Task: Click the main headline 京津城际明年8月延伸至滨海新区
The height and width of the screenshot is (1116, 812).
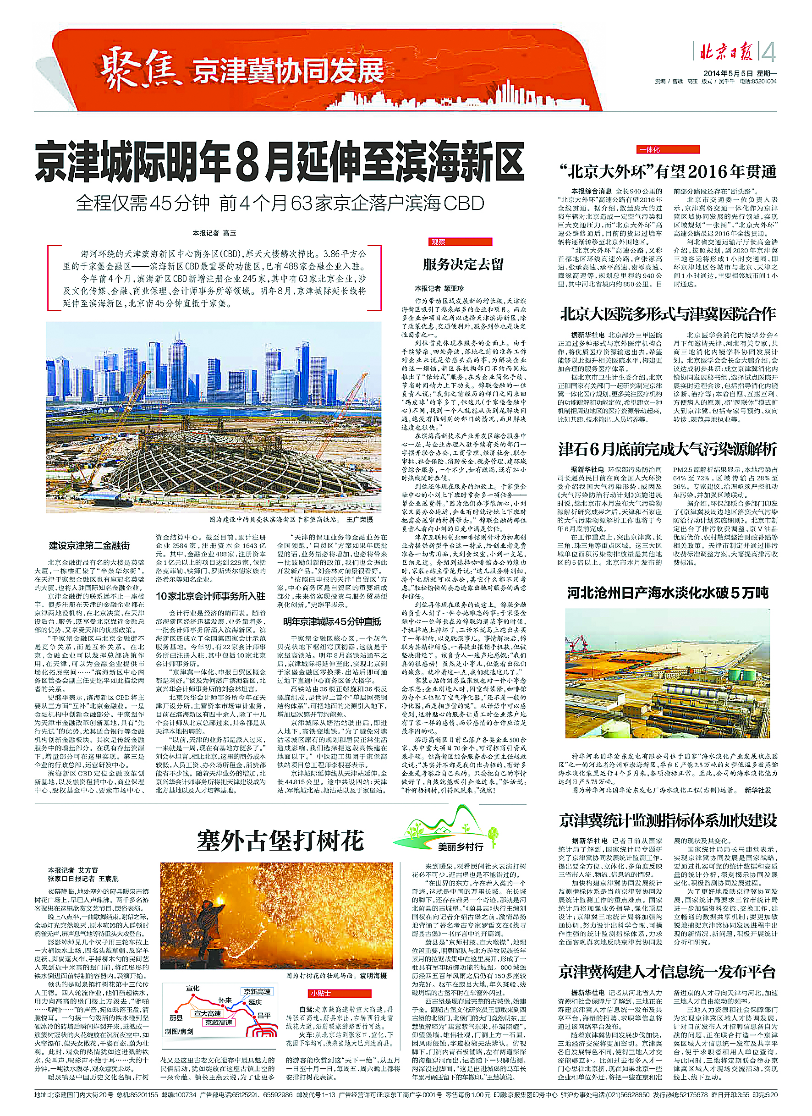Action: pos(280,161)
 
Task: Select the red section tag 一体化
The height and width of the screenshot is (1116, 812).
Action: pos(650,149)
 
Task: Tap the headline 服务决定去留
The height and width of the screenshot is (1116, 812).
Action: pos(463,265)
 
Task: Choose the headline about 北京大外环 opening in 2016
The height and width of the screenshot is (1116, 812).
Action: pos(667,171)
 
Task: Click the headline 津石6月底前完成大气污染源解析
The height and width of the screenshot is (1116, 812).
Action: pos(667,449)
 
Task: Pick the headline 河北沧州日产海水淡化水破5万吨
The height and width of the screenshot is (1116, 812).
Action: pos(667,593)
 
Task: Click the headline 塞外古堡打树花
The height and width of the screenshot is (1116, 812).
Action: pos(280,840)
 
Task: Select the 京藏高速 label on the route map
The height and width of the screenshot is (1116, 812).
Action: pos(219,1023)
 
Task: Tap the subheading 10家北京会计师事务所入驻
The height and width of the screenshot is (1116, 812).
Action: pos(210,596)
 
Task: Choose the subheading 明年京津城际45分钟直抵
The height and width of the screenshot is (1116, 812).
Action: pos(332,621)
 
